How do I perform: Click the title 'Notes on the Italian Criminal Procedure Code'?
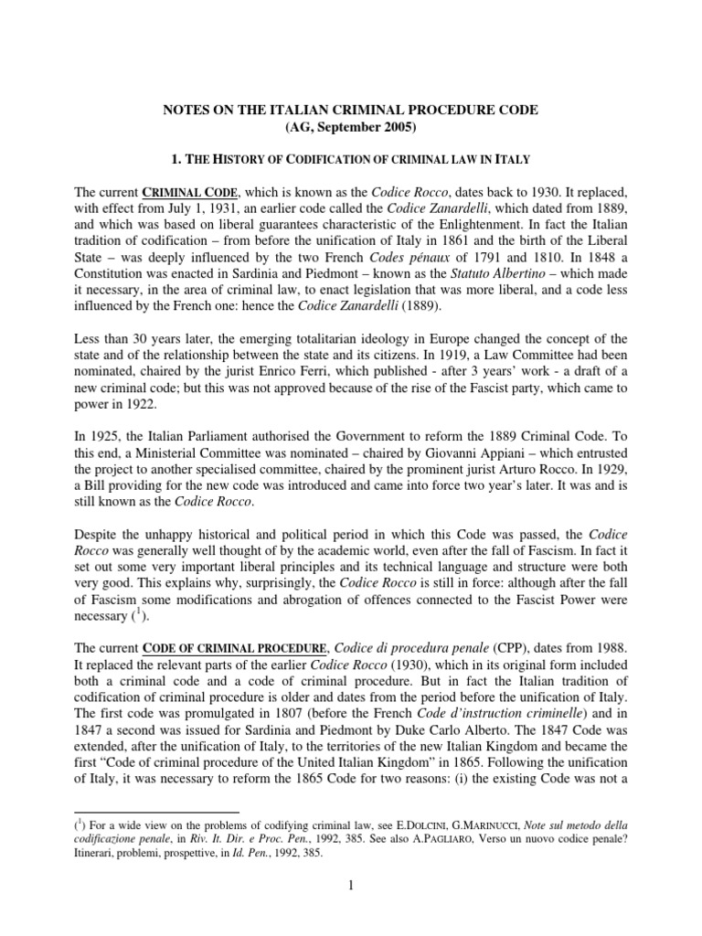click(x=350, y=110)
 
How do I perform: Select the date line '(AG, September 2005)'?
click(x=350, y=128)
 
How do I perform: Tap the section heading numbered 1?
click(x=350, y=160)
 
